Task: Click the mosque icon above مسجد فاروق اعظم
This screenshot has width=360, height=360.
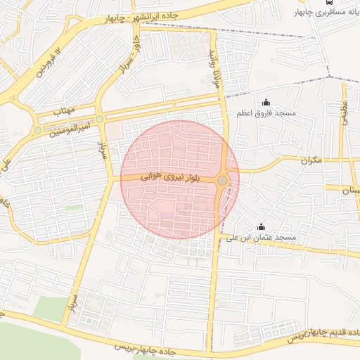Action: coord(265,103)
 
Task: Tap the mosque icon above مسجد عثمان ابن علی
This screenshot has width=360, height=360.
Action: coord(261,226)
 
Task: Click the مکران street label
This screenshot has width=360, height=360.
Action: coord(309,160)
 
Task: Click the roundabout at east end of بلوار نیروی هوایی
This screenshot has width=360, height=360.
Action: coord(222,181)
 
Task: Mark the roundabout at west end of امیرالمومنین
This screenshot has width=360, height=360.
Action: coord(38,131)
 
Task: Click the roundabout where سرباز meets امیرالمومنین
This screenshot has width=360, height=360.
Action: coord(100,119)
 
